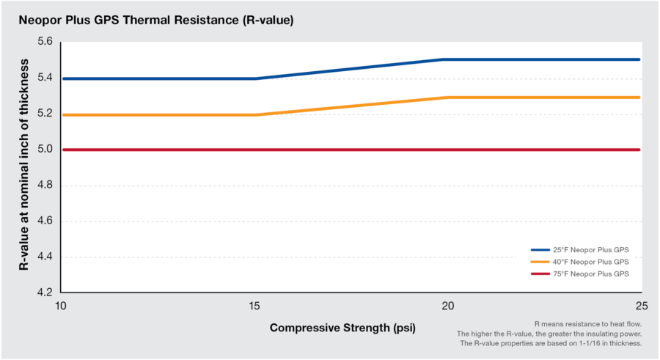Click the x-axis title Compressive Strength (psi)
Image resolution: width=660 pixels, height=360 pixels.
pyautogui.click(x=342, y=328)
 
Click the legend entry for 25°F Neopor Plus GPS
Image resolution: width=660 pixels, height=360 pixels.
pyautogui.click(x=579, y=249)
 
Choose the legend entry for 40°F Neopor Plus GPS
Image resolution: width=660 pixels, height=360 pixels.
pyautogui.click(x=579, y=261)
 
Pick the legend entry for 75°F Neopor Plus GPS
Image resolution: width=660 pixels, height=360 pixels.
pyautogui.click(x=579, y=273)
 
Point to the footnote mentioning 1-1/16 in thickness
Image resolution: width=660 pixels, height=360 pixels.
pyautogui.click(x=551, y=343)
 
